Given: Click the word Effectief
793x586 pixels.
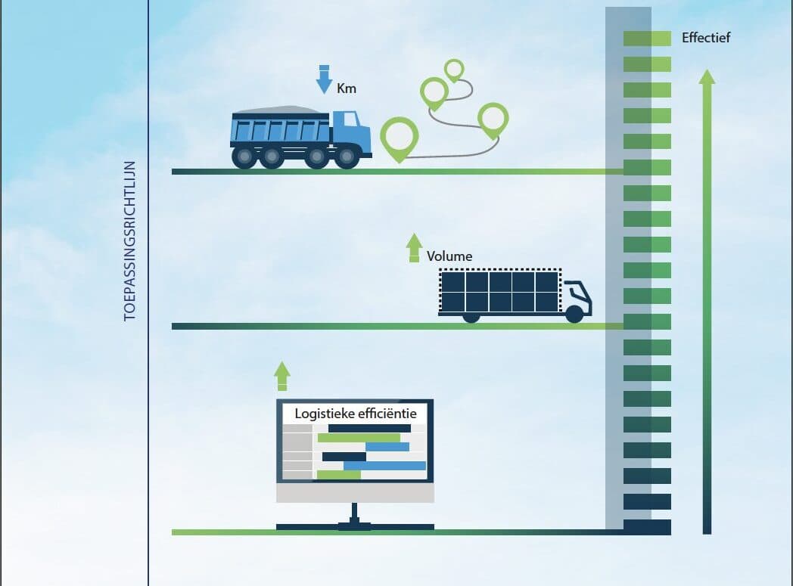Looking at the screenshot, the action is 705,37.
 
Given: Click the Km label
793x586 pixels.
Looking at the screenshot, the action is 347,88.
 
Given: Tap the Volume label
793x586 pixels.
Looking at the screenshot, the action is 449,256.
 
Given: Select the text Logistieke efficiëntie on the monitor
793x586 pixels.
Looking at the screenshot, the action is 356,414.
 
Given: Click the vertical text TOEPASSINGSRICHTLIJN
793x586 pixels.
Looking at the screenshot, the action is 130,241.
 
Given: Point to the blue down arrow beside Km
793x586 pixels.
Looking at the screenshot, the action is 324,79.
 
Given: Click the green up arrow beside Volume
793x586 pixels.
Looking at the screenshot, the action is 414,247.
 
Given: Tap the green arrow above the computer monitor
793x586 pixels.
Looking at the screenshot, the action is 282,377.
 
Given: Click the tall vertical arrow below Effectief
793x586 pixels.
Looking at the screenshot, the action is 707,302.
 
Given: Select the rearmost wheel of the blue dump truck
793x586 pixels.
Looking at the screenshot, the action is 244,157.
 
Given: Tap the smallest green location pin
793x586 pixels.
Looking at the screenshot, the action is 454,70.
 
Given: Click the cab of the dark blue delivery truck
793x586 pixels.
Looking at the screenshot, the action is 577,298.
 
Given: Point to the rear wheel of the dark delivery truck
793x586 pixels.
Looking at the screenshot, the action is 471,318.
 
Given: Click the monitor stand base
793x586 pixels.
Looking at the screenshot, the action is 355,527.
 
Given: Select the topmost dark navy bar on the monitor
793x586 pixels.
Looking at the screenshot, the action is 369,429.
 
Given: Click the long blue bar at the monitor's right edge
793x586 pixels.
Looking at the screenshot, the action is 385,465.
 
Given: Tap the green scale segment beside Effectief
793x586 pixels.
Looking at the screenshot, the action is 647,39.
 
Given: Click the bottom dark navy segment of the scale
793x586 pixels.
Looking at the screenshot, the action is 647,527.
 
